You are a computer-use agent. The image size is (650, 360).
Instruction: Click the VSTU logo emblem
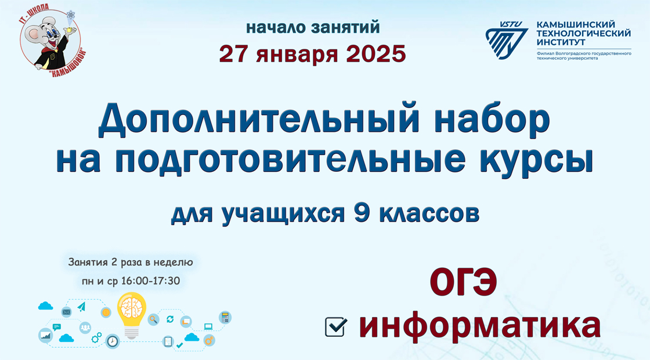(507, 40)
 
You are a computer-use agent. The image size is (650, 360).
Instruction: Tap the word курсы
(536, 160)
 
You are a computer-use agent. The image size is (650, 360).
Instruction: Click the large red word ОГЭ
(463, 282)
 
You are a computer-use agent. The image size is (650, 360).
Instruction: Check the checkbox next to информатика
(336, 327)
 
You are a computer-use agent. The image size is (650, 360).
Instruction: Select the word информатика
(479, 326)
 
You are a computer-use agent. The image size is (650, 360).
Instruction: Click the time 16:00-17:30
(150, 281)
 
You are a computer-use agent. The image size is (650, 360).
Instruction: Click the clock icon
(113, 341)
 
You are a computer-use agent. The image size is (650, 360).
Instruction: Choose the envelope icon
(66, 312)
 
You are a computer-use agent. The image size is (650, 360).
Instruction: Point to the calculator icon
(225, 318)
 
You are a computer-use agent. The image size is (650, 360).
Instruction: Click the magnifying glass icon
(153, 319)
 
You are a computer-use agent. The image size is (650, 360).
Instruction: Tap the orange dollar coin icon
(106, 312)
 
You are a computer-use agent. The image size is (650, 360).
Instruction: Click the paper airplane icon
(82, 307)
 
